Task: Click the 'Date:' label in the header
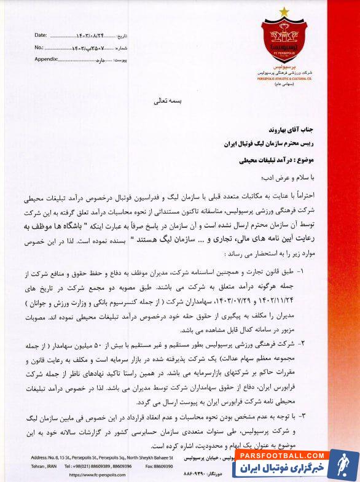(x=41, y=36)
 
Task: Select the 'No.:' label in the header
(x=39, y=47)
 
